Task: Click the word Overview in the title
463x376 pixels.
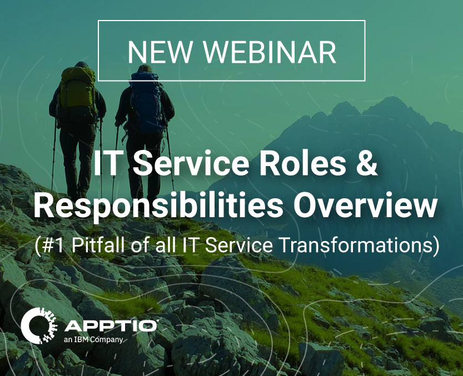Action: point(365,205)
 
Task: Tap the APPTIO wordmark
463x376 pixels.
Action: point(111,325)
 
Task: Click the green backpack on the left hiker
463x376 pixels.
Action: point(78,89)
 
